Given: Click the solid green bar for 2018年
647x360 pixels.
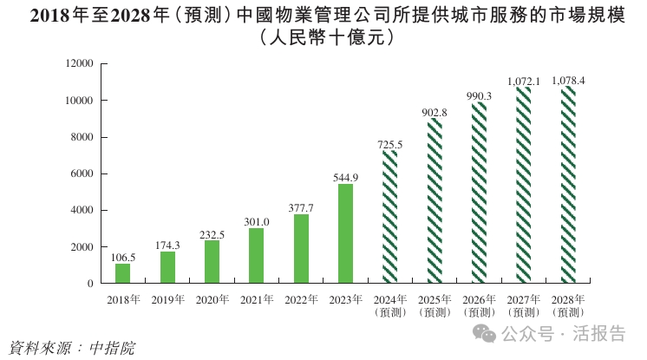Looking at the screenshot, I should click(x=122, y=273).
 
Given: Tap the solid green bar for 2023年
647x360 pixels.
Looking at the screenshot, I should click(x=345, y=233).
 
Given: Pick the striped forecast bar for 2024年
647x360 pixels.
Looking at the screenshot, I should click(x=390, y=218).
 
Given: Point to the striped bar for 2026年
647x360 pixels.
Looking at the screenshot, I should click(x=479, y=193).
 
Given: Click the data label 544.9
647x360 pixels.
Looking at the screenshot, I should click(x=345, y=177).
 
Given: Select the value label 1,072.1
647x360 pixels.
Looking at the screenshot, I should click(x=523, y=82).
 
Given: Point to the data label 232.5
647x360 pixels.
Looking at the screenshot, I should click(x=212, y=234).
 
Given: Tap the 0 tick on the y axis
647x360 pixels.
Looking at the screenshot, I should click(x=90, y=284).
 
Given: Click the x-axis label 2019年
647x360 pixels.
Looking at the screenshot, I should click(x=167, y=299).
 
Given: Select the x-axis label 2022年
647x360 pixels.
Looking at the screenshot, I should click(x=300, y=299).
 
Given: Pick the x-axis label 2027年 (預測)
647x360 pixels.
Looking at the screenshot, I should click(x=523, y=305).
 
